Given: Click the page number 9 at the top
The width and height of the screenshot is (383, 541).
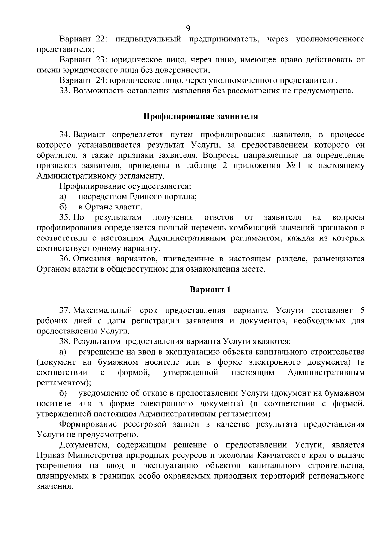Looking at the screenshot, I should (188, 28).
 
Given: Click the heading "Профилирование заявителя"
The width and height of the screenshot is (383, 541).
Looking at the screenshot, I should (200, 116).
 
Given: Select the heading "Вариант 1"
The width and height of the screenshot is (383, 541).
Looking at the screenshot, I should (210, 289).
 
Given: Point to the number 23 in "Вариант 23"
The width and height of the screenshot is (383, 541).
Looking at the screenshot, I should (101, 60).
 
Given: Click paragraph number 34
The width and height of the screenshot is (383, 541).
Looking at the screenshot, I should (64, 135).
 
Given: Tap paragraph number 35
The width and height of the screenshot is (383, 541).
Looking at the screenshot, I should (64, 217).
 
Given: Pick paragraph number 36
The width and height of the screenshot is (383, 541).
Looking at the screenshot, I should (64, 259).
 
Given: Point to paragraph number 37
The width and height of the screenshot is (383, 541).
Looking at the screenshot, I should (64, 311).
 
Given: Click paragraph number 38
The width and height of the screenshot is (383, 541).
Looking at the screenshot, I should (64, 341).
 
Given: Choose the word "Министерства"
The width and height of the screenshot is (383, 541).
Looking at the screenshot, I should (94, 455).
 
